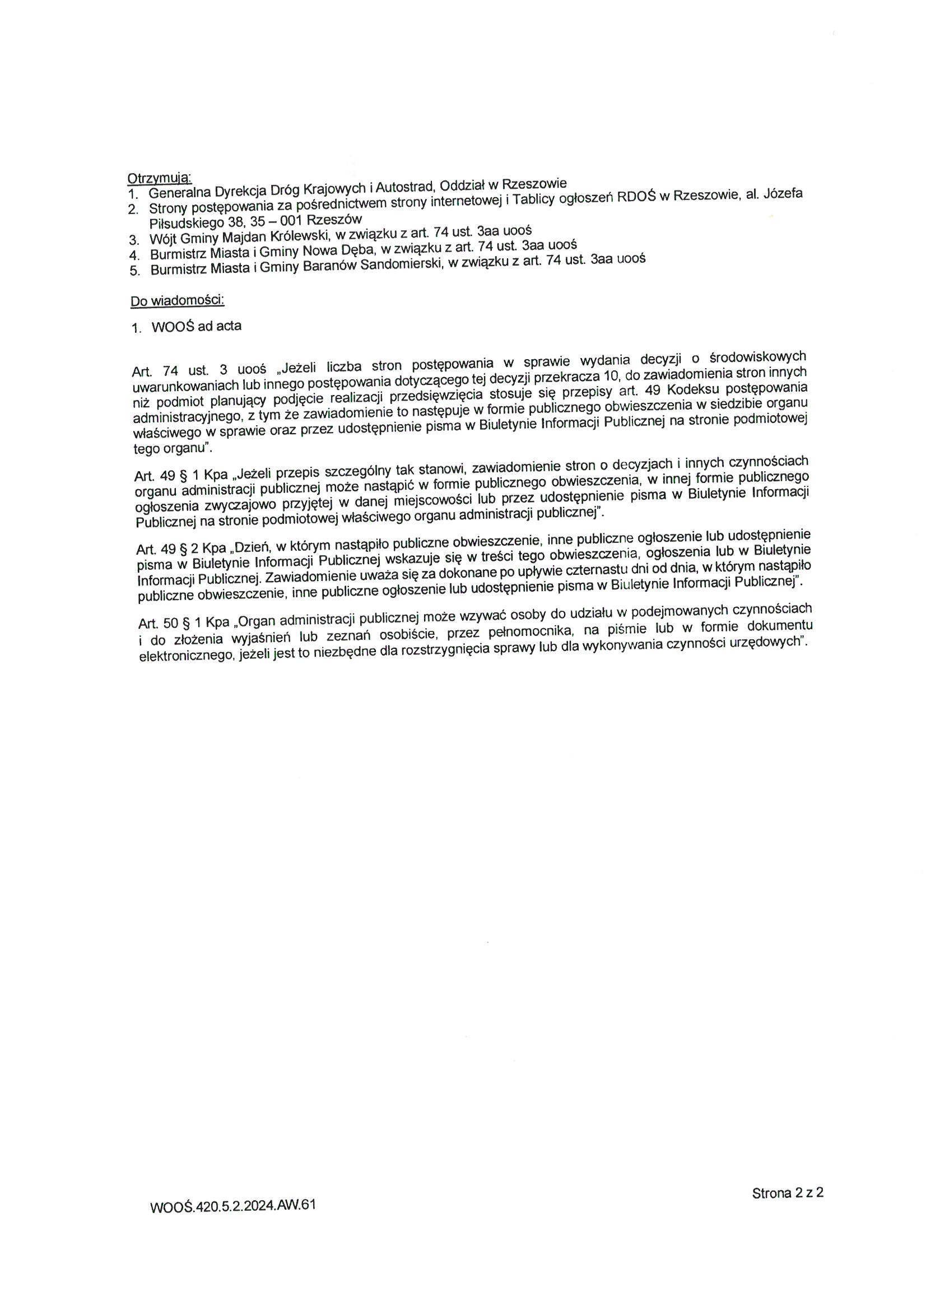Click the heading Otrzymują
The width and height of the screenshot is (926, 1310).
[x=159, y=178]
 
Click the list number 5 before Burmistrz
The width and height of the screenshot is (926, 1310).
[x=134, y=271]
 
